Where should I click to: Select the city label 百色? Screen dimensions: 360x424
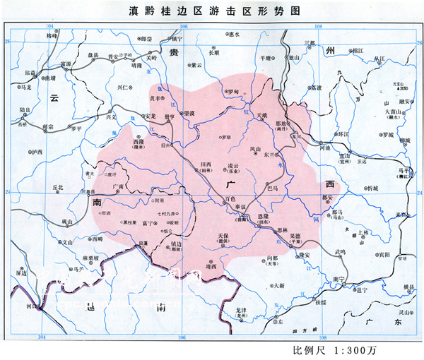228,200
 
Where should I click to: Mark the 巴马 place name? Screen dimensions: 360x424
275,188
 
